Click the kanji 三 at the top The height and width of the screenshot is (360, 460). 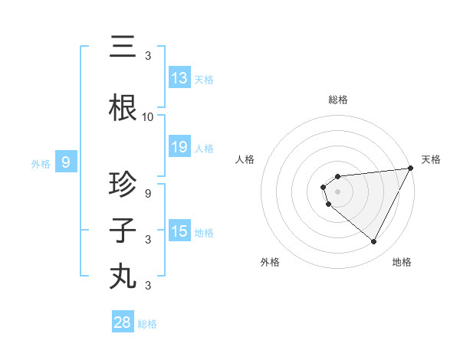pyautogui.click(x=123, y=47)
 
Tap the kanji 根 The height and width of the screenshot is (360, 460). pyautogui.click(x=123, y=110)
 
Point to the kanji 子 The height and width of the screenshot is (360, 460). pyautogui.click(x=123, y=231)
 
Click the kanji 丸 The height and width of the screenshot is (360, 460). pyautogui.click(x=123, y=277)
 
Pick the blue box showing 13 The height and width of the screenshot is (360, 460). pyautogui.click(x=179, y=78)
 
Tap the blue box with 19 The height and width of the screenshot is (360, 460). pyautogui.click(x=179, y=147)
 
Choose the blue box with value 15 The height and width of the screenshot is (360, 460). pyautogui.click(x=179, y=231)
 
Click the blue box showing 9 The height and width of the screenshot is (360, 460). pyautogui.click(x=66, y=162)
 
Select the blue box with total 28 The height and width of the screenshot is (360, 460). pyautogui.click(x=123, y=322)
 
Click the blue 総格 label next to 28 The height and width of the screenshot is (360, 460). pyautogui.click(x=147, y=324)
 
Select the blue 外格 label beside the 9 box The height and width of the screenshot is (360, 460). pyautogui.click(x=41, y=163)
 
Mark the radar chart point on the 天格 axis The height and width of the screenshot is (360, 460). pyautogui.click(x=412, y=169)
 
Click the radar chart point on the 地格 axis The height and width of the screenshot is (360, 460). pyautogui.click(x=373, y=242)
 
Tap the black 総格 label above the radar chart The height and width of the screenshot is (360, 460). pyautogui.click(x=337, y=100)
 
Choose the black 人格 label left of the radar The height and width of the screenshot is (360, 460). pyautogui.click(x=245, y=159)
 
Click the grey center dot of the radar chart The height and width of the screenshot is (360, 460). pyautogui.click(x=337, y=188)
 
